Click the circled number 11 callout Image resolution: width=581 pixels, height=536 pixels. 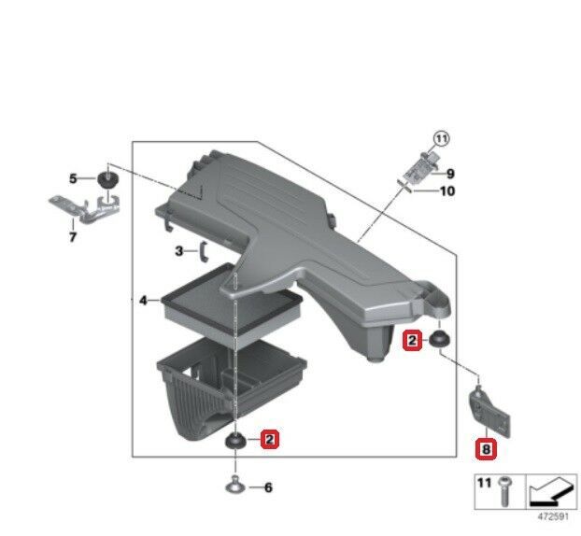(441, 139)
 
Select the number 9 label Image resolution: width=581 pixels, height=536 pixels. (450, 174)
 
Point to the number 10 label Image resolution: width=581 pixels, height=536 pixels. (447, 191)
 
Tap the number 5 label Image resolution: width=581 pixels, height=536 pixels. (73, 178)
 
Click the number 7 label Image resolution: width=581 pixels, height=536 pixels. (73, 236)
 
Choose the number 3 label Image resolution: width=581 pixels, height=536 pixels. (179, 251)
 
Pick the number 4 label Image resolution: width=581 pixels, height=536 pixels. (143, 301)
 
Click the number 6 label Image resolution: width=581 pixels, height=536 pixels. (268, 487)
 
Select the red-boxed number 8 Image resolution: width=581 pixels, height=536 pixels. (486, 449)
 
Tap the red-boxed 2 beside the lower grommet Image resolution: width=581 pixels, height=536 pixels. (270, 440)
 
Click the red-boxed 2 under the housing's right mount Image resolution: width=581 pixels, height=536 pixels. (413, 339)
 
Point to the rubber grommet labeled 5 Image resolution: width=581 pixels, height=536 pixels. (107, 179)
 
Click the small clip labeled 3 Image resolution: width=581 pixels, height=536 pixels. (203, 251)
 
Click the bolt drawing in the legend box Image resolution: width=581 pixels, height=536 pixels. (503, 491)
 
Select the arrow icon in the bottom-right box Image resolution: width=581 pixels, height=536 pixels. (551, 491)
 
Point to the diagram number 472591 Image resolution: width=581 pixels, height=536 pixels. (553, 516)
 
